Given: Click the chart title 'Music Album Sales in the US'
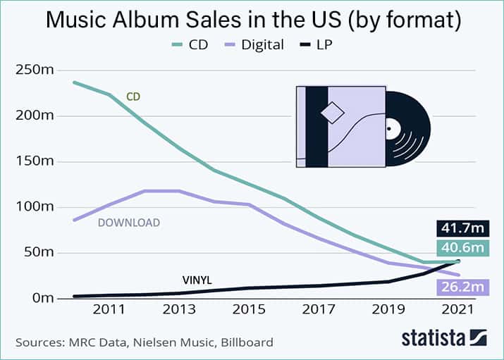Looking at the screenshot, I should click(252, 19).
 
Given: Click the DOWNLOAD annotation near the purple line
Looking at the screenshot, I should click(129, 223).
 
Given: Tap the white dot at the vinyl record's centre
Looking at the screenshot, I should click(388, 129).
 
